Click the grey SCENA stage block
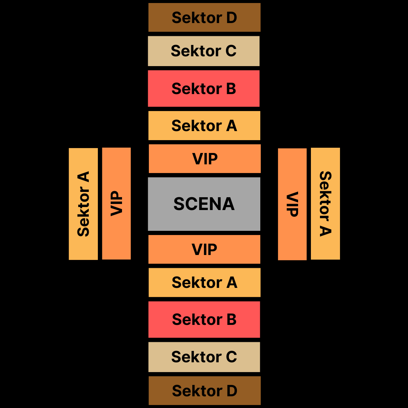click(204, 204)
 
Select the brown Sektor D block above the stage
click(204, 17)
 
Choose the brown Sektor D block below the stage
click(204, 391)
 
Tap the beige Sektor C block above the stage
click(204, 51)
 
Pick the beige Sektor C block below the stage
click(204, 357)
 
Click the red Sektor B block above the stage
click(204, 88)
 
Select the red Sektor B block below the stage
click(204, 320)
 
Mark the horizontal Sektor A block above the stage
click(204, 125)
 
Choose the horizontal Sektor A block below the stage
click(204, 283)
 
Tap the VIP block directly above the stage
click(205, 159)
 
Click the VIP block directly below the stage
click(204, 249)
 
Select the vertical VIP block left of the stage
click(116, 204)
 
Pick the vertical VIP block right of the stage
click(292, 204)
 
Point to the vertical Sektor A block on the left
click(83, 204)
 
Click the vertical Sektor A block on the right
click(325, 204)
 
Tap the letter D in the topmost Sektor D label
click(231, 18)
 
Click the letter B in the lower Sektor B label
click(231, 320)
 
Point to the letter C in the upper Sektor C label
click(231, 51)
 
